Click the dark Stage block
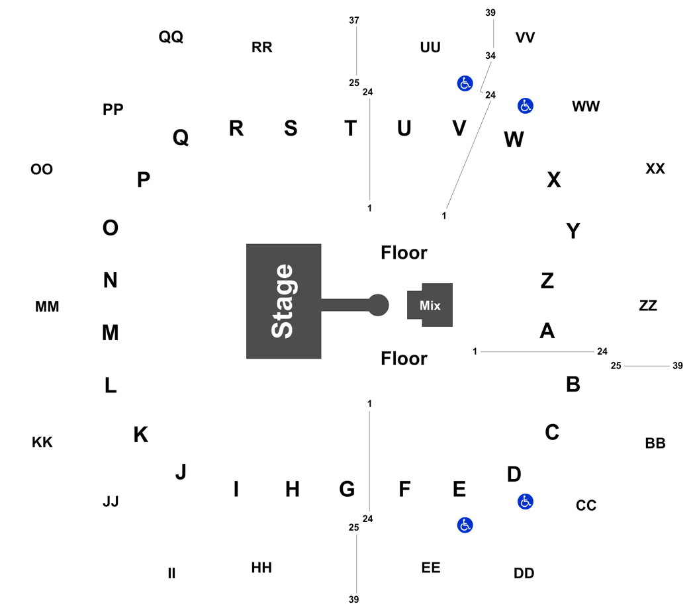click(284, 301)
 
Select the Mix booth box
click(430, 305)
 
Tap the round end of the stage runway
click(378, 305)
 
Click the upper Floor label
click(404, 253)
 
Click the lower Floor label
click(404, 359)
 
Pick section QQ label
click(171, 36)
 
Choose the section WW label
click(586, 107)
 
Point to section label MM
click(47, 306)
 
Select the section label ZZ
click(648, 305)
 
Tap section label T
click(351, 128)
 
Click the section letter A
click(547, 331)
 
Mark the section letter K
click(141, 435)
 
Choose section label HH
click(261, 568)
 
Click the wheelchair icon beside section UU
click(465, 83)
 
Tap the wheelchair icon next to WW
click(526, 106)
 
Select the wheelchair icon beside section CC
click(526, 502)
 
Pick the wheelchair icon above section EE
click(465, 525)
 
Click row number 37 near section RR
click(353, 21)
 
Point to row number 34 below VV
click(490, 56)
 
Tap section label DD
click(524, 573)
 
